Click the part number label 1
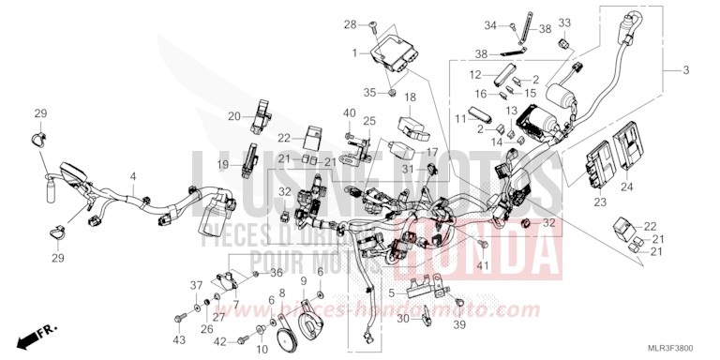tap(354, 53)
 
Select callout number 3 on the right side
tap(685, 71)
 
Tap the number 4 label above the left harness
tap(132, 176)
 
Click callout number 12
tap(475, 74)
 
